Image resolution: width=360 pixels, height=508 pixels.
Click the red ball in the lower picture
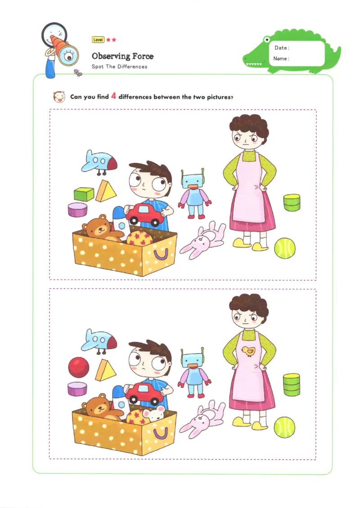pyautogui.click(x=79, y=367)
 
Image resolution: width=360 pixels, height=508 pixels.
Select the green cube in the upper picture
pyautogui.click(x=84, y=194)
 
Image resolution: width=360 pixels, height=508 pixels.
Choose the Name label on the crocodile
pyautogui.click(x=281, y=58)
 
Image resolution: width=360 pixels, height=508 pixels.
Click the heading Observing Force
pyautogui.click(x=122, y=56)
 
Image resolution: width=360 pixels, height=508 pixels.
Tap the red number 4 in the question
pyautogui.click(x=114, y=96)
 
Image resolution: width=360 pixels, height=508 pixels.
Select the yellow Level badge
pyautogui.click(x=98, y=40)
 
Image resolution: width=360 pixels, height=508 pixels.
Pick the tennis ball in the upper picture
pyautogui.click(x=285, y=248)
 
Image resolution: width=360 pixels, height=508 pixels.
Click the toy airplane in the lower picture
pyautogui.click(x=99, y=339)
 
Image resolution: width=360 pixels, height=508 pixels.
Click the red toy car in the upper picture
pyautogui.click(x=145, y=214)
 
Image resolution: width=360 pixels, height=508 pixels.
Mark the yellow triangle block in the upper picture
pyautogui.click(x=106, y=192)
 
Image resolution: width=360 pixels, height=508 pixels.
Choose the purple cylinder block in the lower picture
pyautogui.click(x=78, y=389)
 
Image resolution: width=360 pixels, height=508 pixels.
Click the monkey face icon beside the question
pyautogui.click(x=58, y=97)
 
